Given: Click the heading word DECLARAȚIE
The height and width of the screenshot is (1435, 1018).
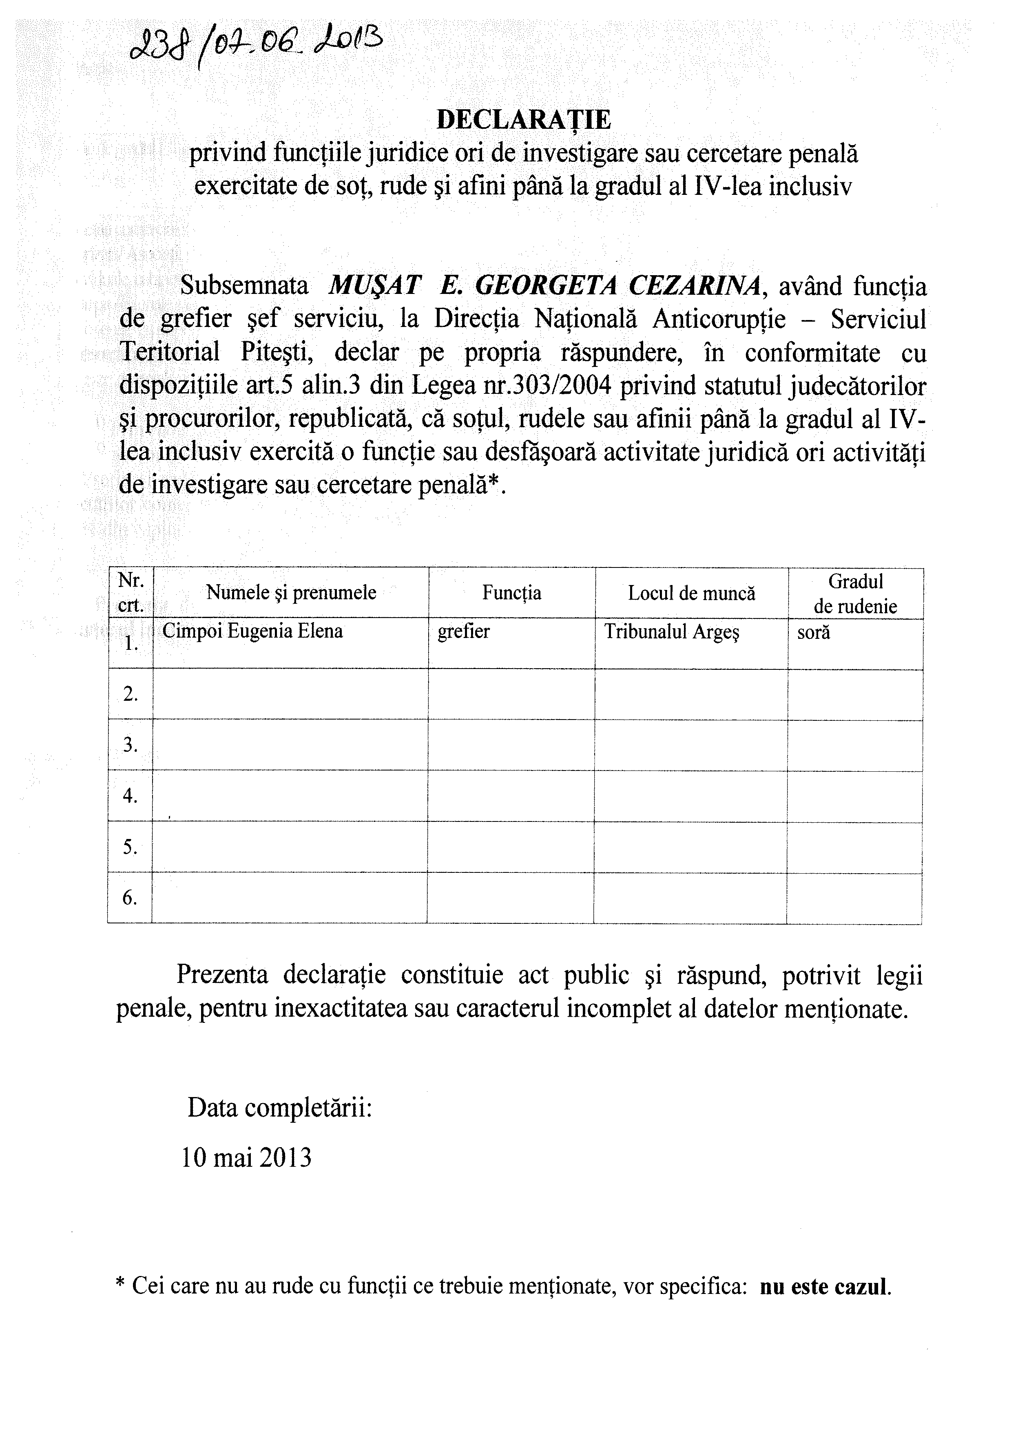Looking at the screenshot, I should click(523, 120).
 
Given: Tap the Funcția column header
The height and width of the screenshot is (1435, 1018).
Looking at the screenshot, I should click(511, 592).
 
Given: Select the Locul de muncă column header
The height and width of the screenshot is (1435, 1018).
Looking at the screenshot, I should click(691, 593).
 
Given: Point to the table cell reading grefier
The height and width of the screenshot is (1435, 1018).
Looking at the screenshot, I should click(463, 631).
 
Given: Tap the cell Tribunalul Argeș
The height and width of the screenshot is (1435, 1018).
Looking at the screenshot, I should click(671, 631).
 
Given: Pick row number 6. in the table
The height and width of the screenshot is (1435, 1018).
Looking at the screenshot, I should click(130, 898).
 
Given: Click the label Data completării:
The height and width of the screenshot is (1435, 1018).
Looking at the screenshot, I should click(279, 1108).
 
